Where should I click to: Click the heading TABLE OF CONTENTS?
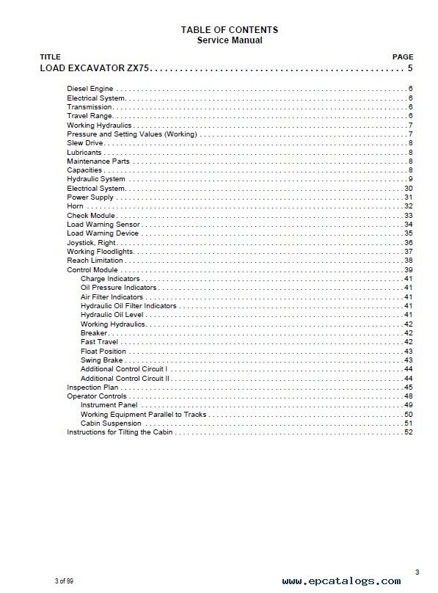point(229,30)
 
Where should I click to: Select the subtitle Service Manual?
point(229,40)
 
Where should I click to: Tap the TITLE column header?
point(50,57)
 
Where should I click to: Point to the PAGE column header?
point(403,57)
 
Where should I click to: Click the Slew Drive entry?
point(84,143)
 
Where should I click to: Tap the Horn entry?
point(75,206)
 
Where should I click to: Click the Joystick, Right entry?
point(91,243)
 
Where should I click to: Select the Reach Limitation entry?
point(95,261)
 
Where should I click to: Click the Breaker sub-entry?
point(95,332)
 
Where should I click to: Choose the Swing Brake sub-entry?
point(102,360)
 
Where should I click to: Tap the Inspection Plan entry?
point(92,387)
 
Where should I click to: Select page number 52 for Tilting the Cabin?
point(409,432)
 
